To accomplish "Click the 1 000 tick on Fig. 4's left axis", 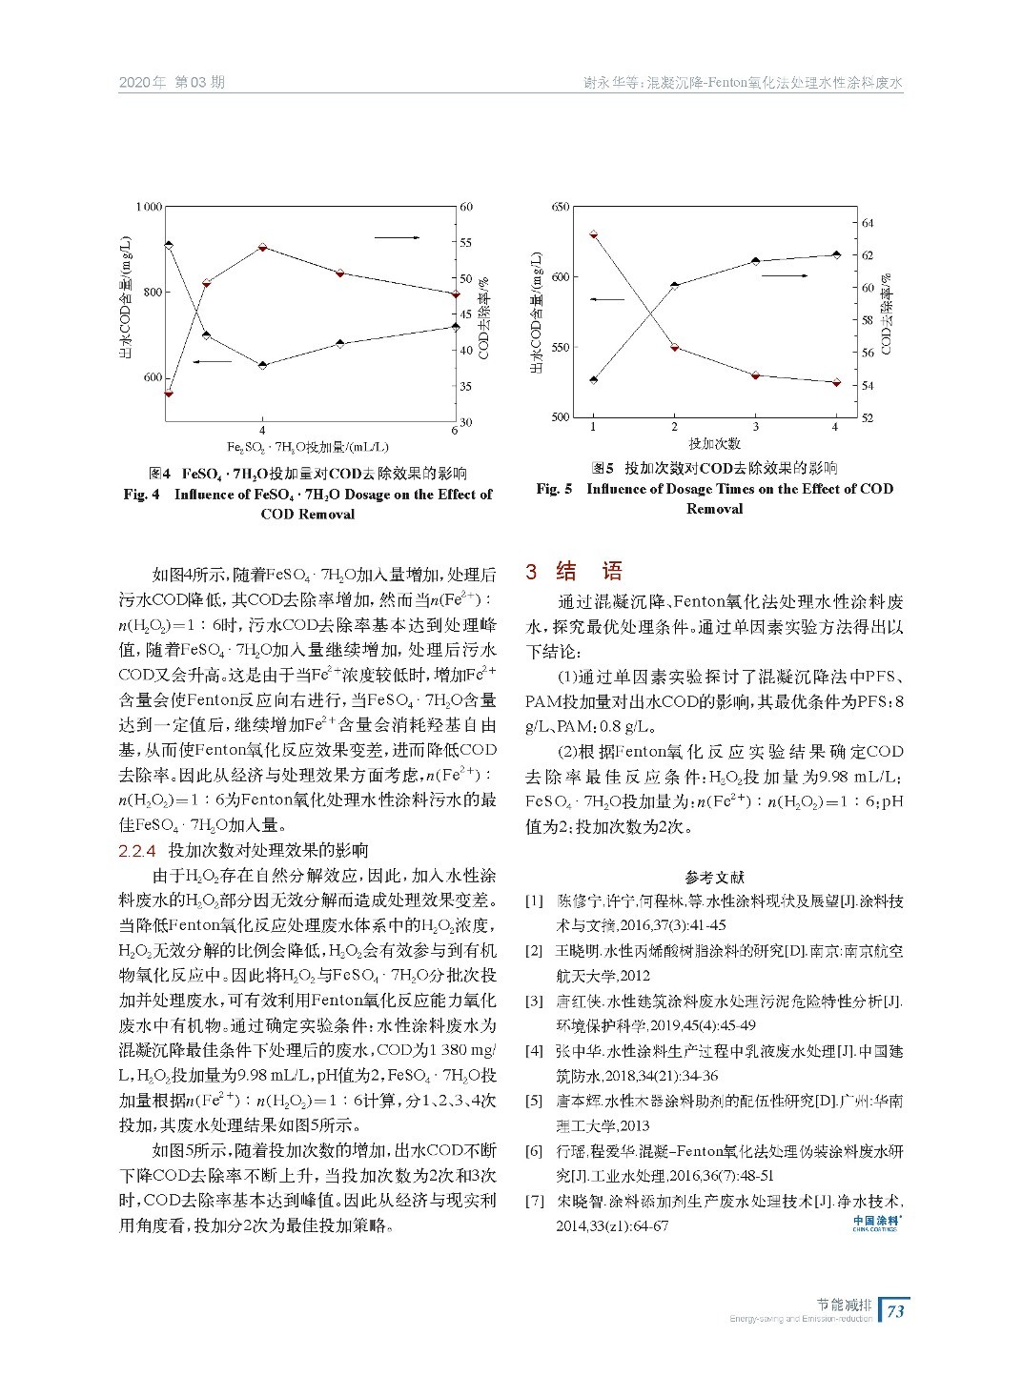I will point(149,207).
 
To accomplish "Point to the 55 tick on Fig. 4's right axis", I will point(466,243).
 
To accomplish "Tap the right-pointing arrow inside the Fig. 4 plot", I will point(397,236).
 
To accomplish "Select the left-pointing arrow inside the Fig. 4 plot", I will point(212,361).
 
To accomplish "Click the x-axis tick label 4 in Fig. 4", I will point(262,431).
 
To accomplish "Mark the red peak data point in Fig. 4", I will point(262,248).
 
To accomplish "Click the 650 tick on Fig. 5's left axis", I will point(561,207).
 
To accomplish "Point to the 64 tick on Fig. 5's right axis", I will point(868,223).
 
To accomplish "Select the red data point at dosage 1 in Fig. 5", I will point(593,233).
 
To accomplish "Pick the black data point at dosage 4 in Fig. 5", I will point(836,254).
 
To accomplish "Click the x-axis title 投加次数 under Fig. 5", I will point(714,444).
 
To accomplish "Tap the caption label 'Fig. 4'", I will point(142,495).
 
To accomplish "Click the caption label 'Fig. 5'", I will point(554,489).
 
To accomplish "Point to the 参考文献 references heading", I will point(714,877).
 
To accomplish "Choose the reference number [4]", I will point(535,1051).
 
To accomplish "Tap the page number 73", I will point(895,1311).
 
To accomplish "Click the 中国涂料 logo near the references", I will point(876,1222).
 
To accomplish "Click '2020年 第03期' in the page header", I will point(172,82).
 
